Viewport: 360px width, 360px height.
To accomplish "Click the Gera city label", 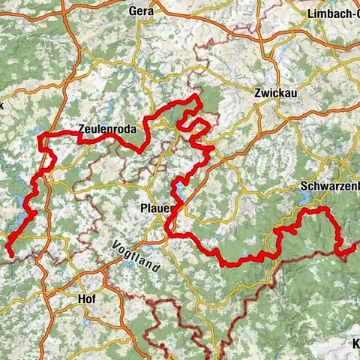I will click(141, 11).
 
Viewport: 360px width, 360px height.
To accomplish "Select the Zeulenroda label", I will click(107, 128).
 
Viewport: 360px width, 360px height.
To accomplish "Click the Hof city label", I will click(86, 298).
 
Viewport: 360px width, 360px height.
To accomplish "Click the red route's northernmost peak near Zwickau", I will click(197, 97).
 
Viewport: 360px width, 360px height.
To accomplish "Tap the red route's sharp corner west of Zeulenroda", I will click(43, 135).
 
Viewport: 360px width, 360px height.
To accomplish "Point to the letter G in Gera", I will click(133, 11).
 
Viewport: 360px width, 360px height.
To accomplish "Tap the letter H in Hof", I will click(80, 298).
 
